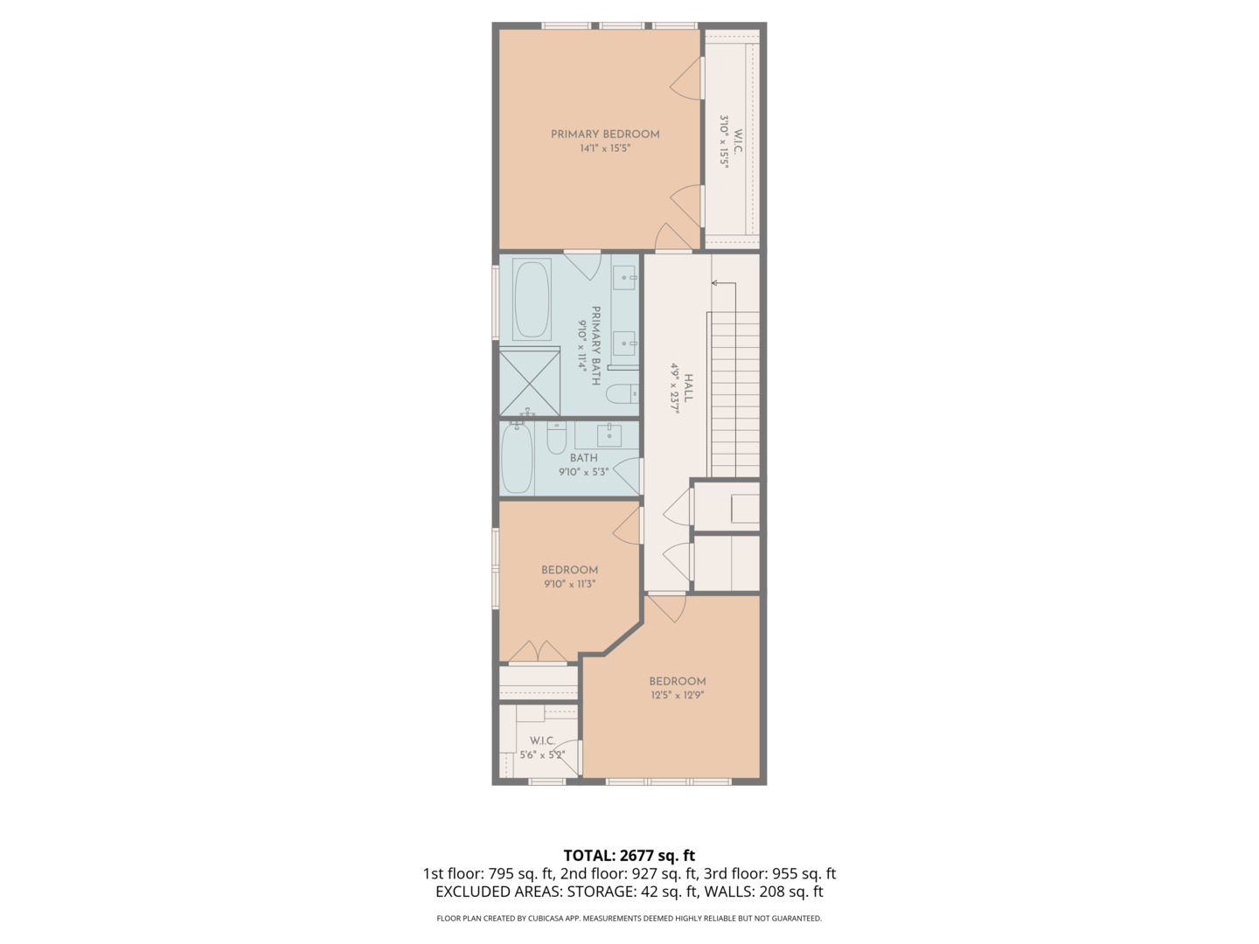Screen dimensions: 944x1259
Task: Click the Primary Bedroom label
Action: [605, 134]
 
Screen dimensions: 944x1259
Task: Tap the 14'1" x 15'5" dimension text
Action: [605, 149]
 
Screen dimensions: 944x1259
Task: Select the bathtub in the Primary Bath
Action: [532, 300]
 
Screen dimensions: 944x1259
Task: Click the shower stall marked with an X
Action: [530, 382]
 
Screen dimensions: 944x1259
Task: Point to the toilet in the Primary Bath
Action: [623, 394]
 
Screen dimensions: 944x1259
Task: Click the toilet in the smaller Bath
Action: [557, 438]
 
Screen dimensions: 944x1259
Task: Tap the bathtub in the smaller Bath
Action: [517, 458]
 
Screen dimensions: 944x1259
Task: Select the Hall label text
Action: [689, 388]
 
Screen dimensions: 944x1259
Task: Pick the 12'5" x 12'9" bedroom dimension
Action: [677, 696]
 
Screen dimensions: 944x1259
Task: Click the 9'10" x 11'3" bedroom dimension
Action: [569, 584]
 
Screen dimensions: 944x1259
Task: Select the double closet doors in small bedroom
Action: [538, 652]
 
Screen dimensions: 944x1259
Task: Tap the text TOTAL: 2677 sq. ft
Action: [629, 856]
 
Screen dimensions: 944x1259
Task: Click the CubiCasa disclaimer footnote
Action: [629, 919]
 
